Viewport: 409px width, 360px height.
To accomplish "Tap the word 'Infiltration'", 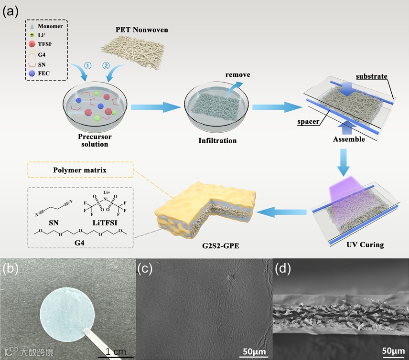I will [x=217, y=141].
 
